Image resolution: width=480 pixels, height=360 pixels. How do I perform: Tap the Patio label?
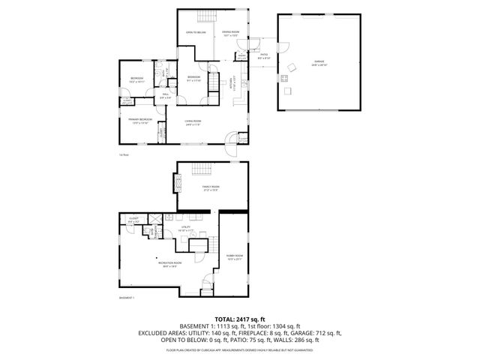coord(264,56)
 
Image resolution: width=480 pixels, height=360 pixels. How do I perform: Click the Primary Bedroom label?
coord(140,121)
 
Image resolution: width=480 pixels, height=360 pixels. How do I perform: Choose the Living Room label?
coord(194,123)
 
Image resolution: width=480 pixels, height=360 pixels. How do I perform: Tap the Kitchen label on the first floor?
coord(232,88)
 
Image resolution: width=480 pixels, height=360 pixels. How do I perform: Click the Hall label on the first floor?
coord(165,96)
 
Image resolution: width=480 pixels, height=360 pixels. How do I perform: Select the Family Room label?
coord(211,187)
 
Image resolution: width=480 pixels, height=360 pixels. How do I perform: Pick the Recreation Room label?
coord(167,264)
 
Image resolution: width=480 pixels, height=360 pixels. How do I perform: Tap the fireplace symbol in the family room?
coord(178,182)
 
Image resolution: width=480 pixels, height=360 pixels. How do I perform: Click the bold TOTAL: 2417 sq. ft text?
coord(240,319)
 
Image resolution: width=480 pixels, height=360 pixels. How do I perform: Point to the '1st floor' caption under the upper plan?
coord(124,154)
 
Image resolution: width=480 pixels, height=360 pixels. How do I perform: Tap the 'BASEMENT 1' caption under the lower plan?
coord(126,298)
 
